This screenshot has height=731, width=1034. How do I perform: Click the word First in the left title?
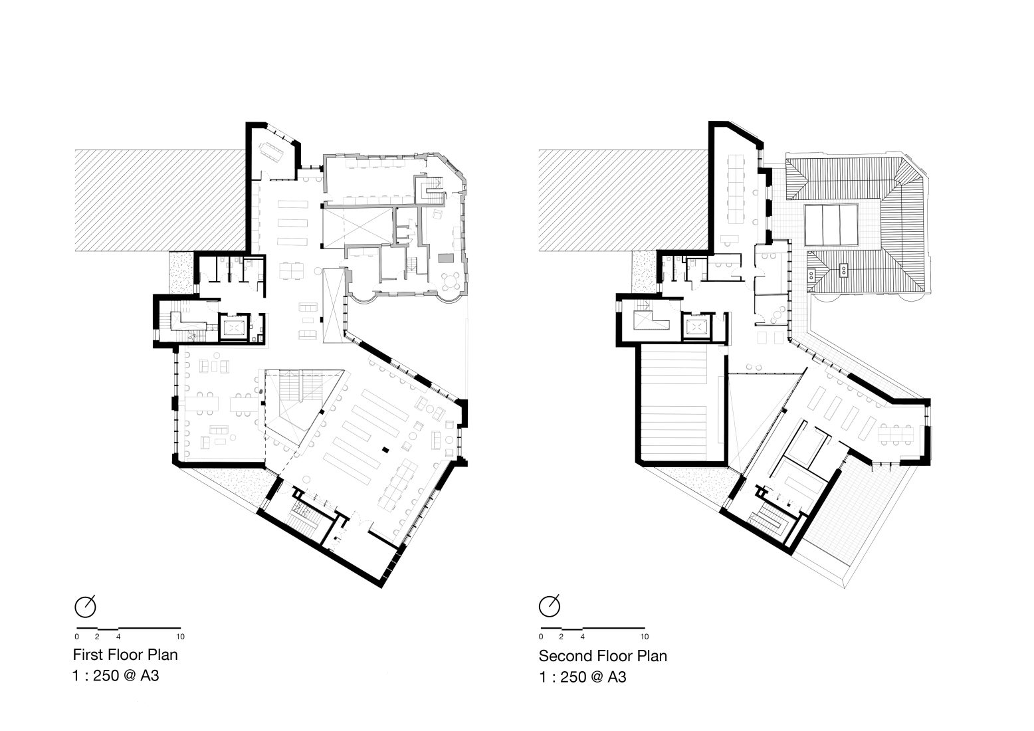pos(87,655)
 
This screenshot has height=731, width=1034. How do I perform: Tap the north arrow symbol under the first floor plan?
pos(86,606)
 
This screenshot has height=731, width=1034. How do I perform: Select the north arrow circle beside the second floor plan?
pos(550,606)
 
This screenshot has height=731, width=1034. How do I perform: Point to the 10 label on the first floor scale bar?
pos(181,637)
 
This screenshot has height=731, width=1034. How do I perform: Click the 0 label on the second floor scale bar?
pos(541,637)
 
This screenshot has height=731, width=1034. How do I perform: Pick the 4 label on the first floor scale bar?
pos(119,637)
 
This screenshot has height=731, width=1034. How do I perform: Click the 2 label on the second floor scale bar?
pos(562,637)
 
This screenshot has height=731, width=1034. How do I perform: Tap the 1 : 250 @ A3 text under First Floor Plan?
pos(116,676)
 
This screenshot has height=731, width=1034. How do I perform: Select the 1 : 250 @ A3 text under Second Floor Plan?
pos(583,677)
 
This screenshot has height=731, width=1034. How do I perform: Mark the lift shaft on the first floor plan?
pos(233,327)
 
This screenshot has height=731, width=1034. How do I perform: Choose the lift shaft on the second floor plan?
pos(696,327)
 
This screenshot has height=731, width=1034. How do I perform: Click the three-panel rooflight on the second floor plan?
pos(831,225)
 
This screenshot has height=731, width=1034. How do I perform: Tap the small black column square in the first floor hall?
pos(385,448)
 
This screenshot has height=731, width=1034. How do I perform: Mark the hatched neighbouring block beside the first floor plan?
pos(159,200)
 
